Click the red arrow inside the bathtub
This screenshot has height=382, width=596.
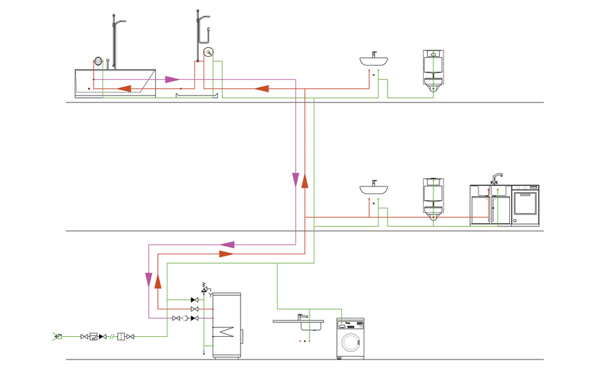point(124,87)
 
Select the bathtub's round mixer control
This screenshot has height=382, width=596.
point(98,61)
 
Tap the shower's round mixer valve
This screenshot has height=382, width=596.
point(208,51)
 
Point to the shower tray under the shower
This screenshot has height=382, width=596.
point(197,96)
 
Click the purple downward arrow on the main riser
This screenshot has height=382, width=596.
point(295,180)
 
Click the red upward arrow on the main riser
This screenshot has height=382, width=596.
point(305,180)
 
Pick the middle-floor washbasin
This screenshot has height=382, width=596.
point(375,189)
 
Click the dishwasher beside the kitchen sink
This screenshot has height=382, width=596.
point(526,205)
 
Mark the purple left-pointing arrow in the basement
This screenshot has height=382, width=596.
point(228,244)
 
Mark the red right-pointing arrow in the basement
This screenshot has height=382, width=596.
point(226,254)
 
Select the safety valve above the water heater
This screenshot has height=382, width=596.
point(204,288)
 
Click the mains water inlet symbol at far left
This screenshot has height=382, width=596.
point(57,336)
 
